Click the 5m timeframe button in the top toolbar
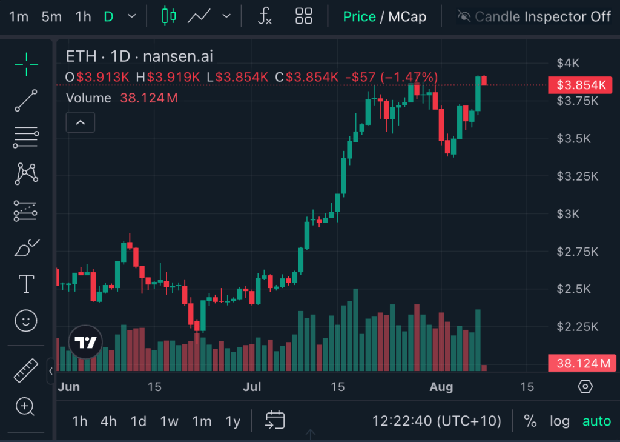coord(51,16)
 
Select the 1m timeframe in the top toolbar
coord(19,16)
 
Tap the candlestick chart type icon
coord(169,16)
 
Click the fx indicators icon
coord(265,16)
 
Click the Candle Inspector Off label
coord(542,16)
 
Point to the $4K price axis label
coord(568,63)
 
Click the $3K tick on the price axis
coord(568,213)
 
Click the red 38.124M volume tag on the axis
coord(582,363)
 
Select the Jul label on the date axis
coord(251,387)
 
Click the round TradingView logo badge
coord(85,343)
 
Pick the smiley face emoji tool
coord(25,320)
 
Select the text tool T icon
coord(26,284)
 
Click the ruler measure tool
coord(25,370)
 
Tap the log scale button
coord(559,421)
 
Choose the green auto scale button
coord(596,421)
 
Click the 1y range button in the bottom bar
coord(232,421)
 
